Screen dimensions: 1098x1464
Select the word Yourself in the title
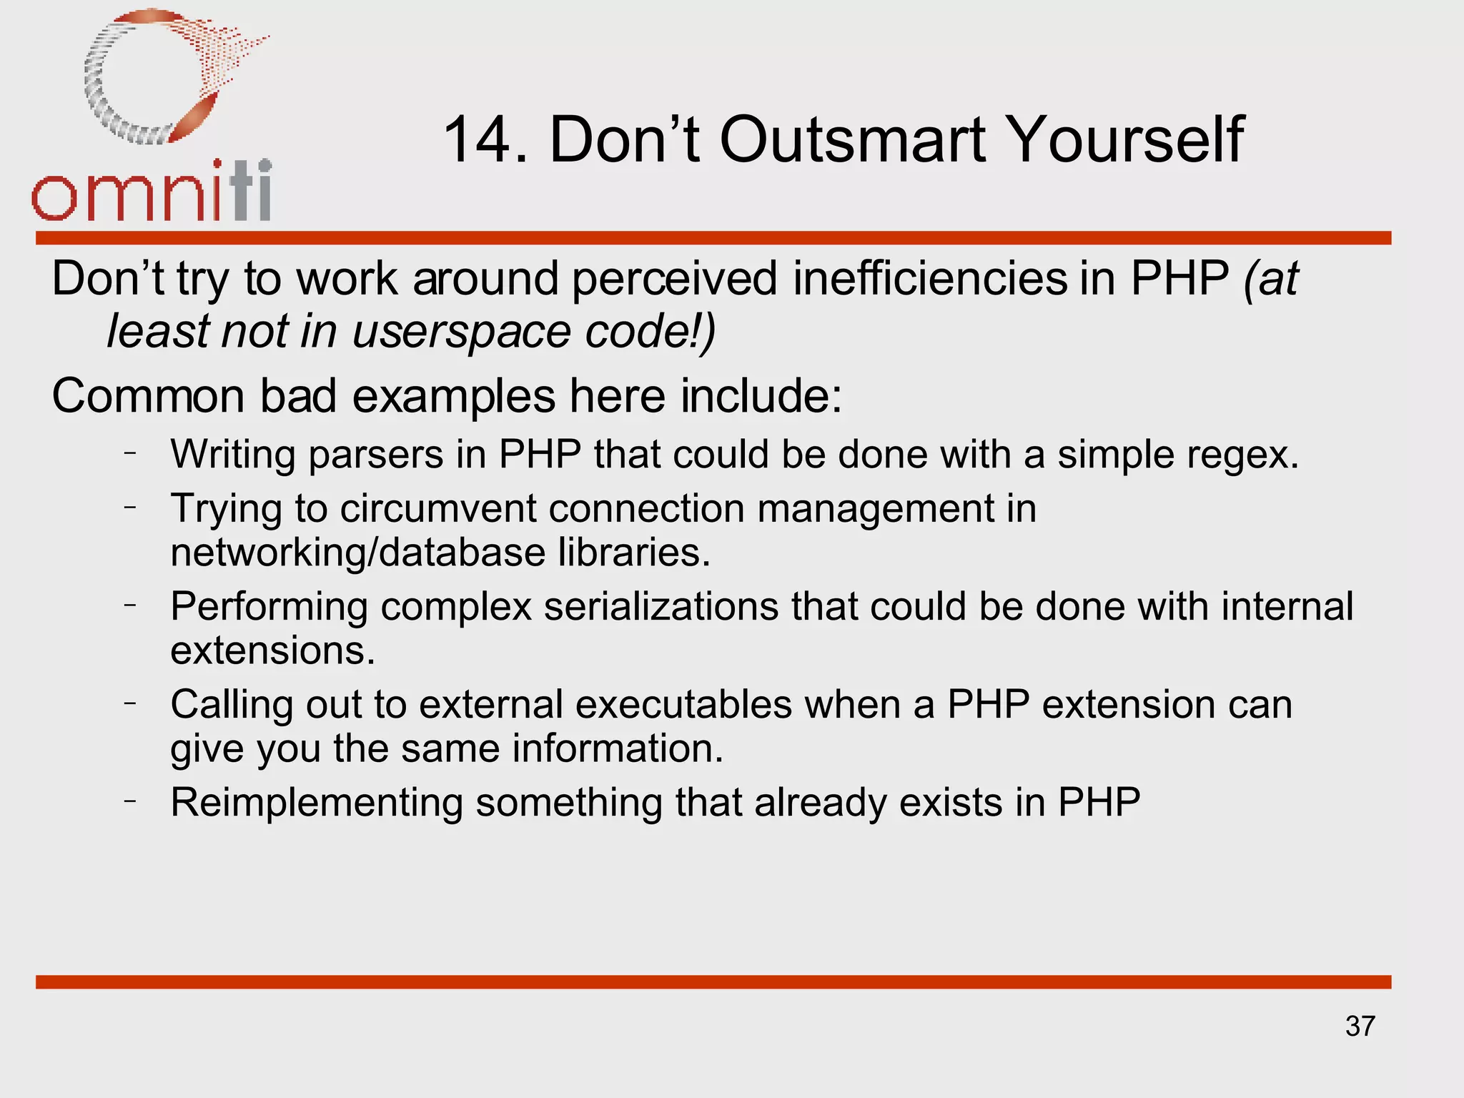tap(1127, 140)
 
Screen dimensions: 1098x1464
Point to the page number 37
tap(1360, 1026)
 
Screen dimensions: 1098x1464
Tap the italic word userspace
tap(462, 332)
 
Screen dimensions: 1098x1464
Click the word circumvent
tap(437, 509)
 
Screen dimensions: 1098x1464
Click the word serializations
tap(661, 607)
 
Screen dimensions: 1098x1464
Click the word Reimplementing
tap(317, 803)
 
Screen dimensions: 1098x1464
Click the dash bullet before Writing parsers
tap(129, 452)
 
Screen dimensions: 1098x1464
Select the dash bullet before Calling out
tap(129, 703)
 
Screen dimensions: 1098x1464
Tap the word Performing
tap(269, 607)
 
